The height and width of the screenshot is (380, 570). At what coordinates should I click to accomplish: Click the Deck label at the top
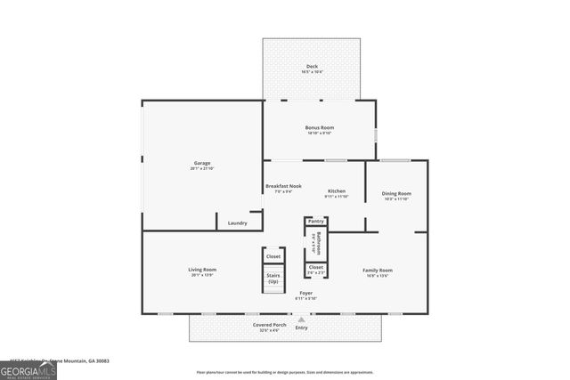pyautogui.click(x=312, y=66)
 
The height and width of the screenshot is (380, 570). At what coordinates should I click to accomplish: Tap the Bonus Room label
pyautogui.click(x=318, y=127)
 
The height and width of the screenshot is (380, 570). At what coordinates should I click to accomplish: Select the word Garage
pyautogui.click(x=202, y=163)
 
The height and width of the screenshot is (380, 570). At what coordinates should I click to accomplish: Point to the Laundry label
pyautogui.click(x=237, y=222)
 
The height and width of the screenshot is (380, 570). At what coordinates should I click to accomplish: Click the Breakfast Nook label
pyautogui.click(x=283, y=186)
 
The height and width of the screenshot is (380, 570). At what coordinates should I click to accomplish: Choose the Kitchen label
pyautogui.click(x=336, y=191)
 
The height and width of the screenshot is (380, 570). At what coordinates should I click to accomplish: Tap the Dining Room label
pyautogui.click(x=396, y=193)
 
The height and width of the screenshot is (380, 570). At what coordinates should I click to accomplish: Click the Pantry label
pyautogui.click(x=315, y=221)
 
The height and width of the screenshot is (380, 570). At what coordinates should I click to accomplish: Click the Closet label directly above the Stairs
pyautogui.click(x=273, y=256)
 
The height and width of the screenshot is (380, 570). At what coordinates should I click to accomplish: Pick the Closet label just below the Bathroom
pyautogui.click(x=315, y=267)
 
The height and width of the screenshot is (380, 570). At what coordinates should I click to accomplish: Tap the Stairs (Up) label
pyautogui.click(x=273, y=278)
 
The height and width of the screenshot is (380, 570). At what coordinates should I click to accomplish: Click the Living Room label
pyautogui.click(x=202, y=270)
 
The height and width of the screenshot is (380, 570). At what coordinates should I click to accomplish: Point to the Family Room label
pyautogui.click(x=378, y=270)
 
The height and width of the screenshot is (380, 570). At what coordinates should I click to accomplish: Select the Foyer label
pyautogui.click(x=305, y=293)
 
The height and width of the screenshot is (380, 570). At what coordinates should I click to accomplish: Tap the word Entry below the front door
pyautogui.click(x=301, y=327)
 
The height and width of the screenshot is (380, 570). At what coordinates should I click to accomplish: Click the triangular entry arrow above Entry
pyautogui.click(x=301, y=319)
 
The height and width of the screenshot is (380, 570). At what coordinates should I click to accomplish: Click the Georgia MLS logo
pyautogui.click(x=28, y=367)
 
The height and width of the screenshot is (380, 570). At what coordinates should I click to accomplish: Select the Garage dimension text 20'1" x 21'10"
pyautogui.click(x=202, y=168)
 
